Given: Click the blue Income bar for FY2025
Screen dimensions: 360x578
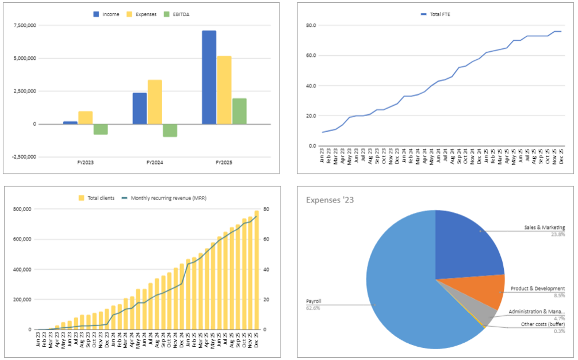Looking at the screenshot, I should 209,77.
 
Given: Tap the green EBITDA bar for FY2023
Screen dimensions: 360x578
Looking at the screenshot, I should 101,129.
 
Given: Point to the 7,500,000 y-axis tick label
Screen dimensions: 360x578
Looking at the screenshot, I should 24,25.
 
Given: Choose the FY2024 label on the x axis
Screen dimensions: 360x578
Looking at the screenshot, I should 154,163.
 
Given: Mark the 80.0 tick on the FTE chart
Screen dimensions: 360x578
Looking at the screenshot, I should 312,25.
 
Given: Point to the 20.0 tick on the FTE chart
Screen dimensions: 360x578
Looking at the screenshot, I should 312,116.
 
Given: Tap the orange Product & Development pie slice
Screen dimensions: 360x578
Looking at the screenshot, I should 486,292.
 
